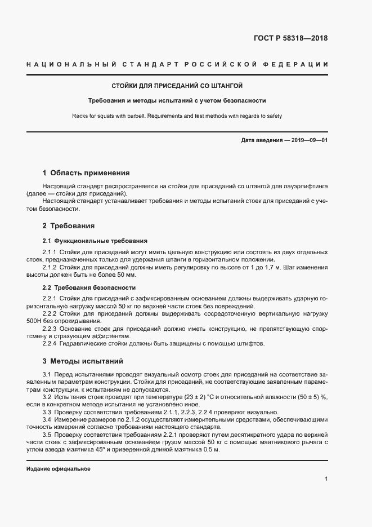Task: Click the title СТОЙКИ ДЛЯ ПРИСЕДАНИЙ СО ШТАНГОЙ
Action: (x=177, y=86)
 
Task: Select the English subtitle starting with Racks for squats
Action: (x=177, y=116)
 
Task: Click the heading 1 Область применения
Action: (x=86, y=172)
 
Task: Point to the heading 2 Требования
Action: (x=69, y=225)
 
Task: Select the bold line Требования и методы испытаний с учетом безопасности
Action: (x=177, y=101)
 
